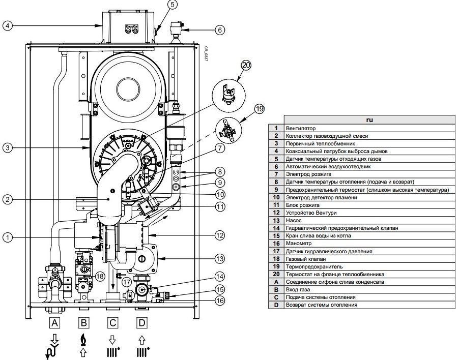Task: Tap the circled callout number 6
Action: [x=219, y=29]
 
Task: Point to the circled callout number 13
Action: [x=219, y=259]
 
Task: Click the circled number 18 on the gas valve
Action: [x=101, y=276]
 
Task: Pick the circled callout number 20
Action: [x=246, y=65]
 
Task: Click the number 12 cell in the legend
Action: [x=276, y=213]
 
